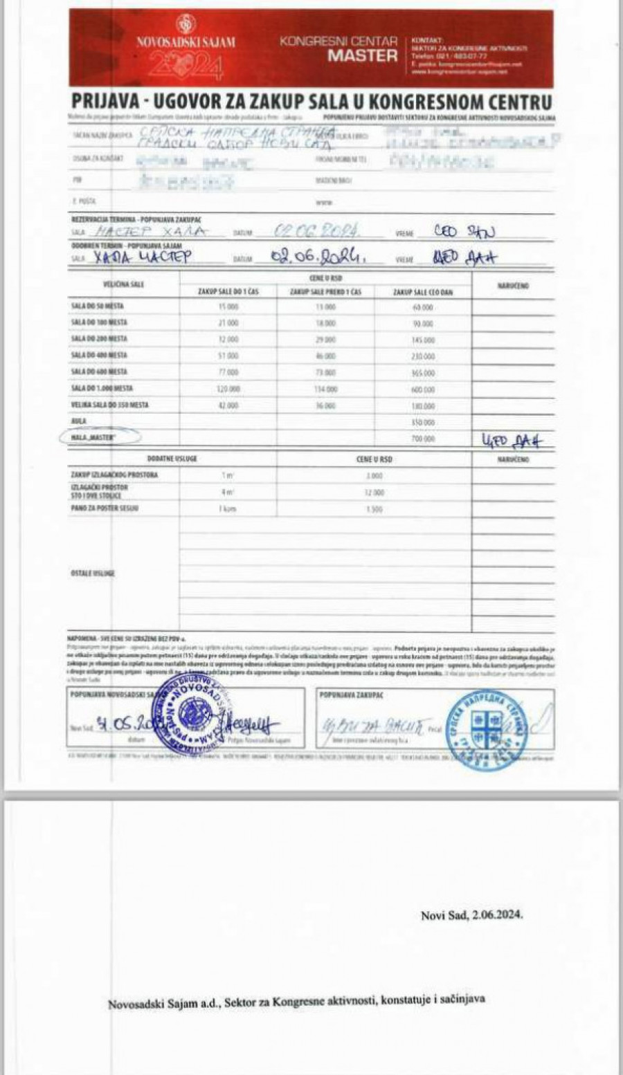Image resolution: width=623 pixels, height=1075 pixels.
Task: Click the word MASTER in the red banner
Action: tap(363, 56)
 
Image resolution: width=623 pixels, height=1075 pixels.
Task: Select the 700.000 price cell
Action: tap(423, 439)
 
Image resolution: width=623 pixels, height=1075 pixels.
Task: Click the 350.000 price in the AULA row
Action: tap(423, 422)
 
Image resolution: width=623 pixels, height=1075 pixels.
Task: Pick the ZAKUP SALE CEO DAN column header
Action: tap(423, 293)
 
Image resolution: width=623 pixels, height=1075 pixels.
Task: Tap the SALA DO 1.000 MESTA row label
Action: tap(101, 389)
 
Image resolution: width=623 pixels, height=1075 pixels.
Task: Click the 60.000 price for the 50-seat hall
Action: tap(423, 306)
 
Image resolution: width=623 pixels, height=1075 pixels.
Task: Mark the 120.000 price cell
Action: tap(228, 389)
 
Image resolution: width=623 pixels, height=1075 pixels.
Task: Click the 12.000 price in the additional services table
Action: tap(374, 493)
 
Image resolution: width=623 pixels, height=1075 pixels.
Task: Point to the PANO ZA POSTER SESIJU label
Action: tap(104, 508)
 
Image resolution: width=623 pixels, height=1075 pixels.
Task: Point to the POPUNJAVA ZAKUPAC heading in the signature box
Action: tap(352, 694)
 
